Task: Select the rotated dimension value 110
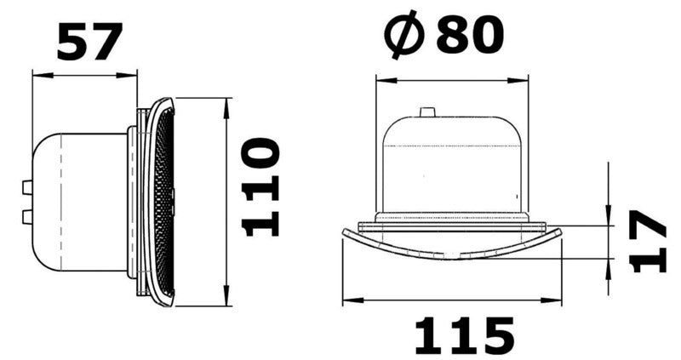click(x=260, y=188)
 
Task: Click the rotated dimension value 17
click(x=651, y=242)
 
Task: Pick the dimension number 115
click(x=464, y=335)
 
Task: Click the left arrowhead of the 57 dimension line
click(x=37, y=74)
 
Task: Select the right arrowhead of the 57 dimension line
click(x=133, y=74)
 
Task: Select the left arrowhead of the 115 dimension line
click(x=346, y=300)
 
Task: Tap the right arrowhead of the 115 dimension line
click(x=559, y=300)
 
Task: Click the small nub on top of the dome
click(x=426, y=111)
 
